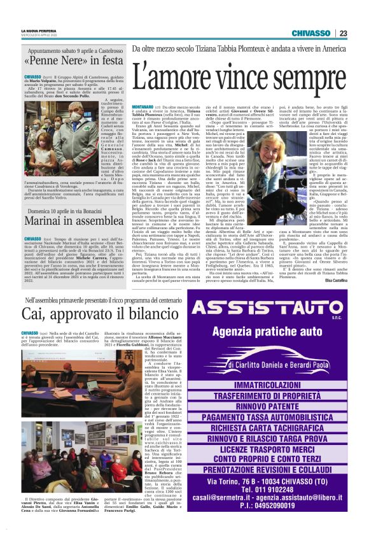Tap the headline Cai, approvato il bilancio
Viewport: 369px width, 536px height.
coord(95,313)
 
